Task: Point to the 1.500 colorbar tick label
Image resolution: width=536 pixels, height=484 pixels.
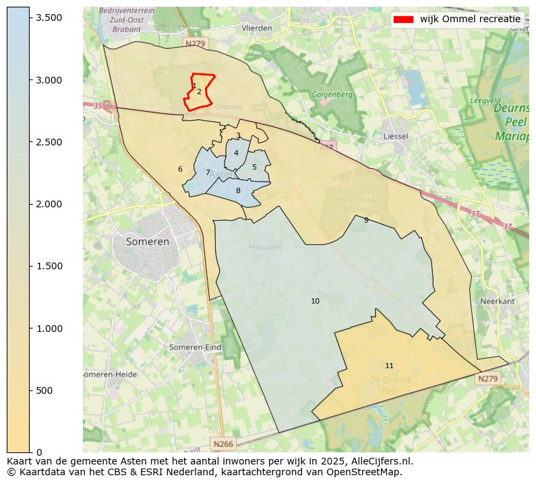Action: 49,266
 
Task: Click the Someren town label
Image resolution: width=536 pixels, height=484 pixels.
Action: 148,242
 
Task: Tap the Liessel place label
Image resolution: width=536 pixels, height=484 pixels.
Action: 395,136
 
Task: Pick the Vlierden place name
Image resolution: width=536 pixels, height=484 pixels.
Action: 257,28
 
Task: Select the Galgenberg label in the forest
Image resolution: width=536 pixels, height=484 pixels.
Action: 332,95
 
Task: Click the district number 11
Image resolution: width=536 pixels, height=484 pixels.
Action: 389,366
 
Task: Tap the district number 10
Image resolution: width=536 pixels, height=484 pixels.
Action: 315,302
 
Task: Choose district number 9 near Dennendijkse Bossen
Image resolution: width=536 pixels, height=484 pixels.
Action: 366,220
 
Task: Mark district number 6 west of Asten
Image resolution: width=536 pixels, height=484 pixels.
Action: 180,170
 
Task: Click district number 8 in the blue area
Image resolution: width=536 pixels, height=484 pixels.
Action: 238,191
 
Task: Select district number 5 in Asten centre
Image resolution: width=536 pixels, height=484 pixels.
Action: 254,168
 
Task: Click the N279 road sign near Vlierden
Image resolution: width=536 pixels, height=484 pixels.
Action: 194,44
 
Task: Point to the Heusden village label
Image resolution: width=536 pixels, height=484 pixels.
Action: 265,247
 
